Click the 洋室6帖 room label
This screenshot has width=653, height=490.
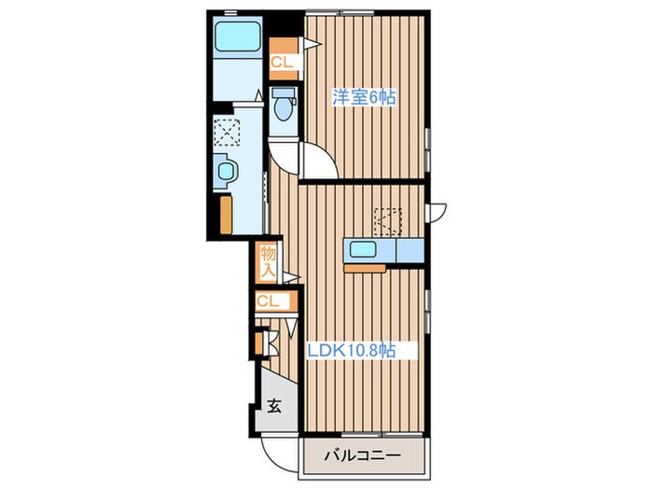click(x=364, y=97)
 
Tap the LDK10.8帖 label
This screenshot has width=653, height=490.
click(x=351, y=350)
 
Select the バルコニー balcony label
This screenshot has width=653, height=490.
click(x=362, y=455)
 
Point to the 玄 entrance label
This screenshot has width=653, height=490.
click(x=274, y=405)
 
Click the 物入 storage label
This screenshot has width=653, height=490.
click(x=269, y=261)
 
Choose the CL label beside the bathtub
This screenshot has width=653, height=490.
click(x=283, y=63)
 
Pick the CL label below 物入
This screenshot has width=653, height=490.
click(x=268, y=301)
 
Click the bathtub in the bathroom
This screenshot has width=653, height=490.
click(x=237, y=36)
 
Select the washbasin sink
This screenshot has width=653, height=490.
click(x=226, y=171)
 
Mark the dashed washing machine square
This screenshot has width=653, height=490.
click(x=227, y=132)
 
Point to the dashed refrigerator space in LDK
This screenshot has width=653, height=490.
click(x=388, y=222)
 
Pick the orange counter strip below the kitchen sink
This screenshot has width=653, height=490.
click(x=365, y=269)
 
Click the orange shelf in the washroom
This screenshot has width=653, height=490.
click(x=226, y=215)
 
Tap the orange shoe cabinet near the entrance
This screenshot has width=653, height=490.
click(x=258, y=343)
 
